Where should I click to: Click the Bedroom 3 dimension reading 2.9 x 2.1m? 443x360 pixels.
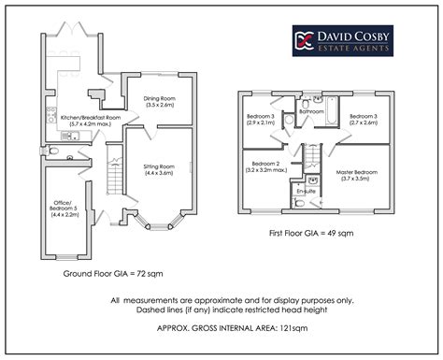[261, 122]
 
